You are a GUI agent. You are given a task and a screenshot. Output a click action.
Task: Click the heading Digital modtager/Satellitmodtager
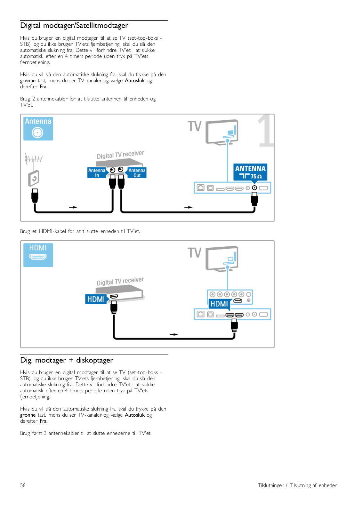point(74,25)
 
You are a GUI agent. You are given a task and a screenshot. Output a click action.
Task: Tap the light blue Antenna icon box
point(38,128)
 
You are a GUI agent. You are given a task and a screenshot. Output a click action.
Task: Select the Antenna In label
point(97,172)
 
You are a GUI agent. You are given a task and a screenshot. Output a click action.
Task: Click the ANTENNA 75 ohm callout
point(250,172)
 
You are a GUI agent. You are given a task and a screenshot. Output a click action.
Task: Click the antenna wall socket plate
point(34,178)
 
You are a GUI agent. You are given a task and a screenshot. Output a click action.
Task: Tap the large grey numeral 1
point(266,131)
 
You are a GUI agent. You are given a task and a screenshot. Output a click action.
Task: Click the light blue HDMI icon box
point(38,255)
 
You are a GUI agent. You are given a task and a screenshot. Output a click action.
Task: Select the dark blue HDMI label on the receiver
point(96,299)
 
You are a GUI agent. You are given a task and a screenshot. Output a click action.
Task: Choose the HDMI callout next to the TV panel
point(220,304)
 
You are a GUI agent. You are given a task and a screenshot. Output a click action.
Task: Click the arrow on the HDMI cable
point(174,334)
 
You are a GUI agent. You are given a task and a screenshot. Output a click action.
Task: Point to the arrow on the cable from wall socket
point(73,207)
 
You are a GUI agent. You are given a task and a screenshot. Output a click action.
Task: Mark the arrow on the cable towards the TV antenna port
point(189,207)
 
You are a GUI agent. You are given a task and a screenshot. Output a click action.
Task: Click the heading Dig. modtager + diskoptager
point(67,360)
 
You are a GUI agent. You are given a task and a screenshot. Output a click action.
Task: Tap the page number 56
point(23,485)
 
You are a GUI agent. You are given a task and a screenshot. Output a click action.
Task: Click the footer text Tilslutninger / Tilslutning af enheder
point(297,485)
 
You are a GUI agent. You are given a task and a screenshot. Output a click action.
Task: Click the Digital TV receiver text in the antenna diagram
point(120,155)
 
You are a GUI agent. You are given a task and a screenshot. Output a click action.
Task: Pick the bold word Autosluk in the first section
point(135,80)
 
